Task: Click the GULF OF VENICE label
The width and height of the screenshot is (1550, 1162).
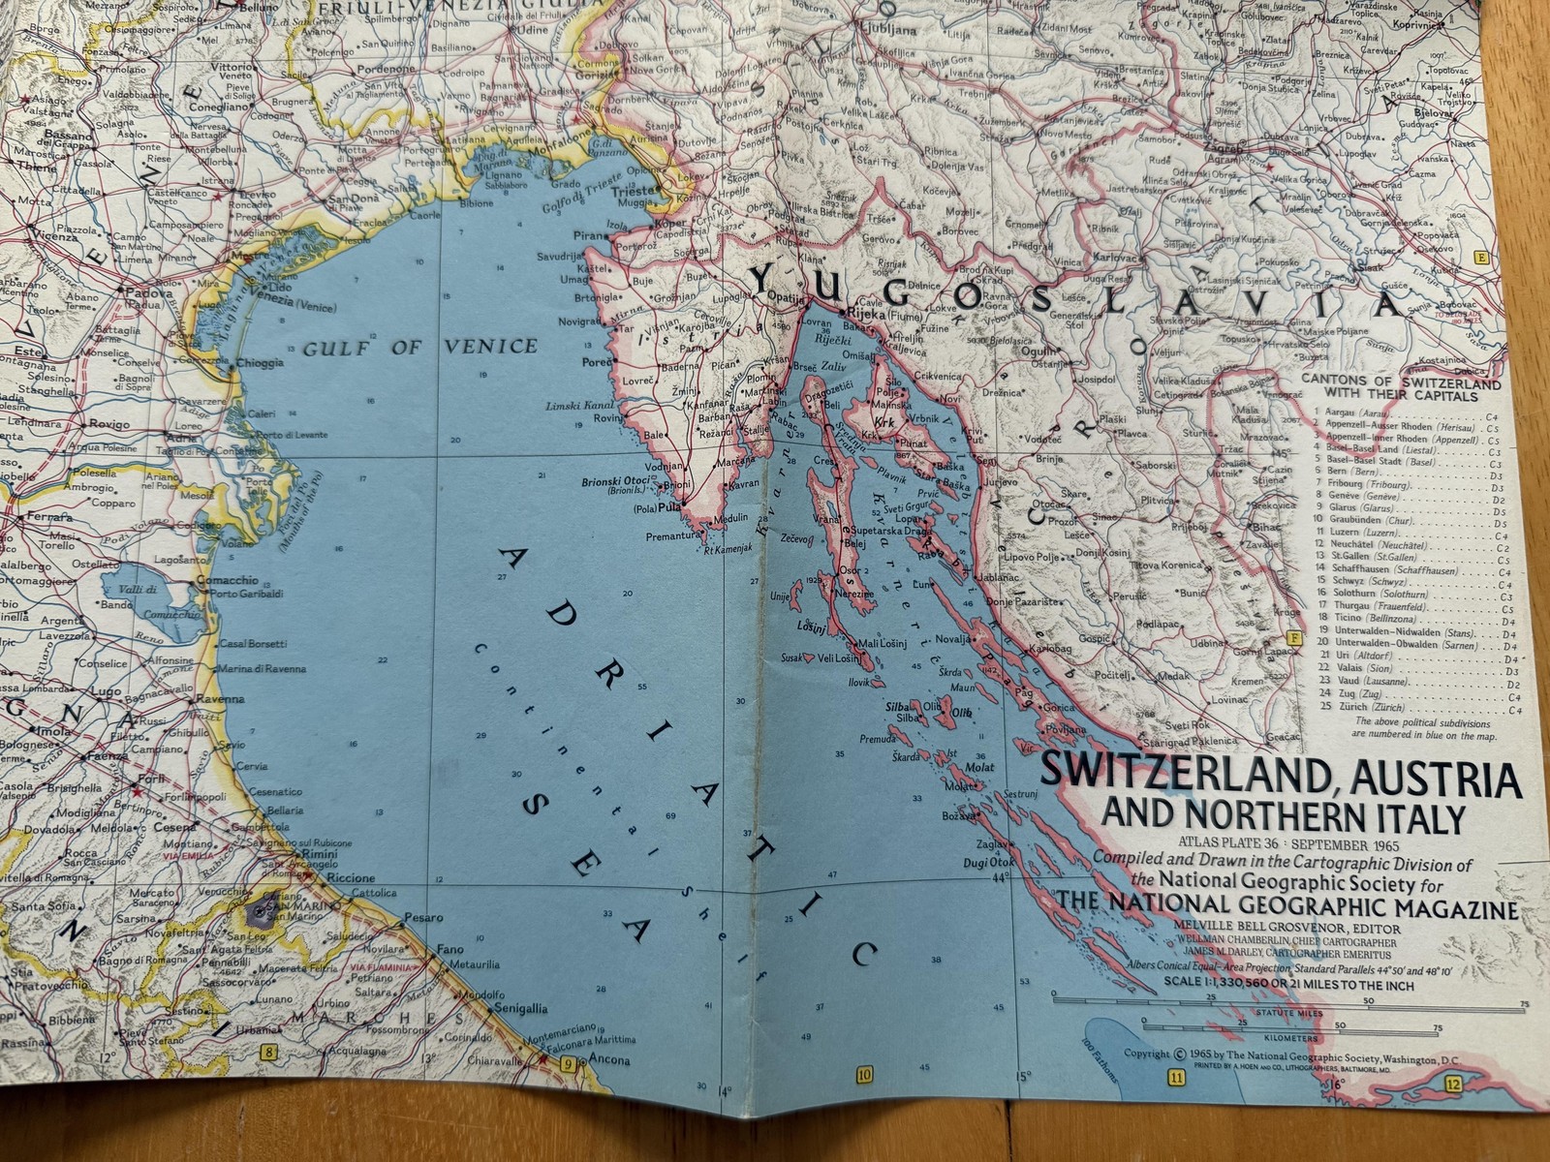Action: (419, 347)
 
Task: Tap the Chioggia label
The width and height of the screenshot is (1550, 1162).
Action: (259, 363)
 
